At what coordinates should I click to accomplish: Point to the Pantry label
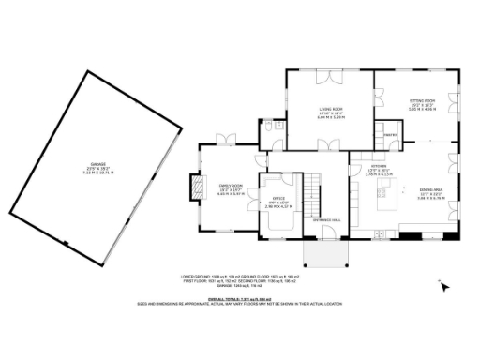[389, 135]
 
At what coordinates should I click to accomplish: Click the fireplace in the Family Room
[195, 187]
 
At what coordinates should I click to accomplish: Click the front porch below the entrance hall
[324, 251]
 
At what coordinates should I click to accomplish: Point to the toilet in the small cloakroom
[268, 126]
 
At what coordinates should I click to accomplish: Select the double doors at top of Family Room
[225, 141]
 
